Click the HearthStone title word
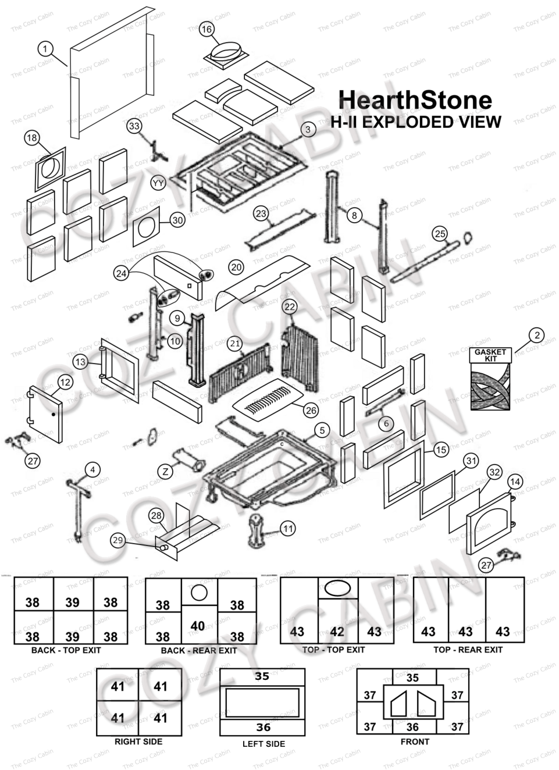[x=415, y=99]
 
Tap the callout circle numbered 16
[x=206, y=29]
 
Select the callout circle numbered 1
[x=45, y=49]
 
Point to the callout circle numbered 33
[x=134, y=126]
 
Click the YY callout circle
[x=158, y=183]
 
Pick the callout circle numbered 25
[x=440, y=234]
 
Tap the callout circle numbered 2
[x=537, y=335]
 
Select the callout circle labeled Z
[x=166, y=471]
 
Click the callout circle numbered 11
[x=288, y=529]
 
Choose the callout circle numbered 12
[x=65, y=382]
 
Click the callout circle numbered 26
[x=311, y=410]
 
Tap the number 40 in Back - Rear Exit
[x=198, y=626]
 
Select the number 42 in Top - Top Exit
[x=337, y=632]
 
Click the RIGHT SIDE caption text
[x=138, y=742]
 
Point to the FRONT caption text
[x=415, y=742]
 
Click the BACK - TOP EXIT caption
[x=66, y=650]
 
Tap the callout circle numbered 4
[x=92, y=469]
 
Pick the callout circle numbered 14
[x=515, y=482]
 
